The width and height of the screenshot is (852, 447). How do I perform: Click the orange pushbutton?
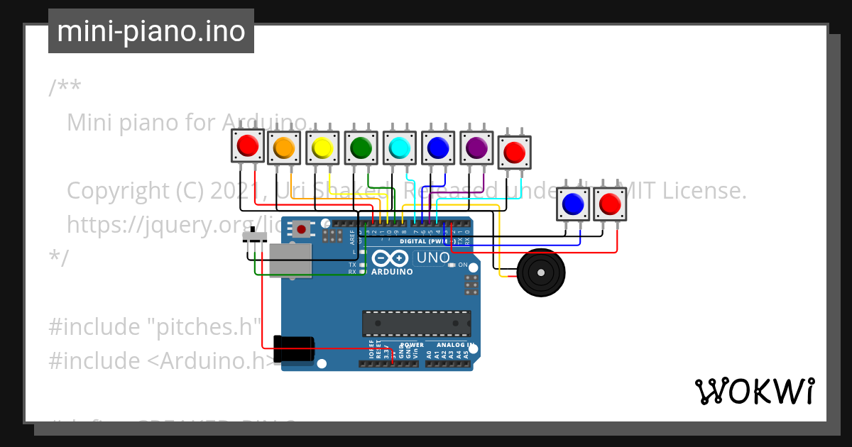(284, 147)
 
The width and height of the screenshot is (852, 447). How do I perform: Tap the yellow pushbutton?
(322, 147)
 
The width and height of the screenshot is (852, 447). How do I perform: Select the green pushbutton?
(361, 147)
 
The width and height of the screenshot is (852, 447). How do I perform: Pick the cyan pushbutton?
(399, 147)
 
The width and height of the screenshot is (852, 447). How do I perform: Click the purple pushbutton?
(476, 147)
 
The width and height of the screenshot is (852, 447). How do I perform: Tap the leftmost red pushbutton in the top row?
(247, 145)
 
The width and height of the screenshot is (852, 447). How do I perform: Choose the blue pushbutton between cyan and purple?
(437, 147)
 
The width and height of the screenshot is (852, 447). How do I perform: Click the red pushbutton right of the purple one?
(514, 152)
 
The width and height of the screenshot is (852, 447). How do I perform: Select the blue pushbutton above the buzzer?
(572, 204)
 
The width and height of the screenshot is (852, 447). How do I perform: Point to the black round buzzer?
(541, 272)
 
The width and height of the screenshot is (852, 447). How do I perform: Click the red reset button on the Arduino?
(302, 228)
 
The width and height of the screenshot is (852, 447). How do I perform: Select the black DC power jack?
(294, 350)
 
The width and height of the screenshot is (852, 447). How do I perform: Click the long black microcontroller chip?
(416, 324)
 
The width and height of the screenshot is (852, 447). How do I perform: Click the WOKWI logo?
(754, 391)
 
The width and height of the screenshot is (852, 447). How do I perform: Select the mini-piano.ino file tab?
(151, 31)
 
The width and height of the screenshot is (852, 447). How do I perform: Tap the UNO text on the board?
(432, 258)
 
